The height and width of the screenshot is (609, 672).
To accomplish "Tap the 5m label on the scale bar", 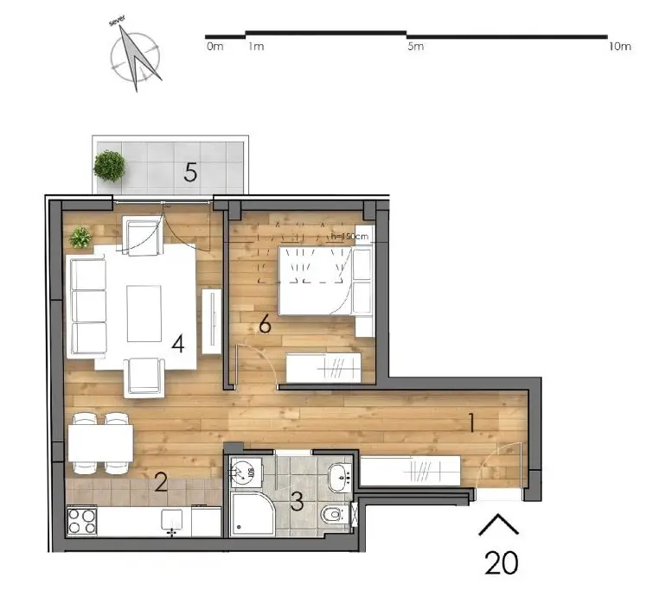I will tap(416, 47).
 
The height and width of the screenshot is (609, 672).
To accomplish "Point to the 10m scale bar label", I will tap(619, 47).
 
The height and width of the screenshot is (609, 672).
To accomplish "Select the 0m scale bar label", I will tap(214, 47).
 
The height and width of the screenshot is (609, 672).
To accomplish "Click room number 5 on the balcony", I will tap(190, 172).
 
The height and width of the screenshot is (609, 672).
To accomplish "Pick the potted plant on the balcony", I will tap(110, 165).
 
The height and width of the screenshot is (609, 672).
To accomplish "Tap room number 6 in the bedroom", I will tap(266, 325).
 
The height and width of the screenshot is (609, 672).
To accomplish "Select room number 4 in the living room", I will tap(177, 344).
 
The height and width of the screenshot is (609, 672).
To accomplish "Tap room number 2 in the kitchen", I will tap(160, 482).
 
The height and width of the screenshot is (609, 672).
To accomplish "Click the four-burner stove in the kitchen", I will tap(83, 522).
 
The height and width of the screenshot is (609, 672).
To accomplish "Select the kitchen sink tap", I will tap(172, 531).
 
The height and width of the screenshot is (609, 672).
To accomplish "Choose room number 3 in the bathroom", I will tap(297, 501).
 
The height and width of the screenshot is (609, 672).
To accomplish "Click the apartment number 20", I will tap(501, 562).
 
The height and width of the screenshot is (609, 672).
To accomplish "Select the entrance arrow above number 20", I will tap(499, 524).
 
